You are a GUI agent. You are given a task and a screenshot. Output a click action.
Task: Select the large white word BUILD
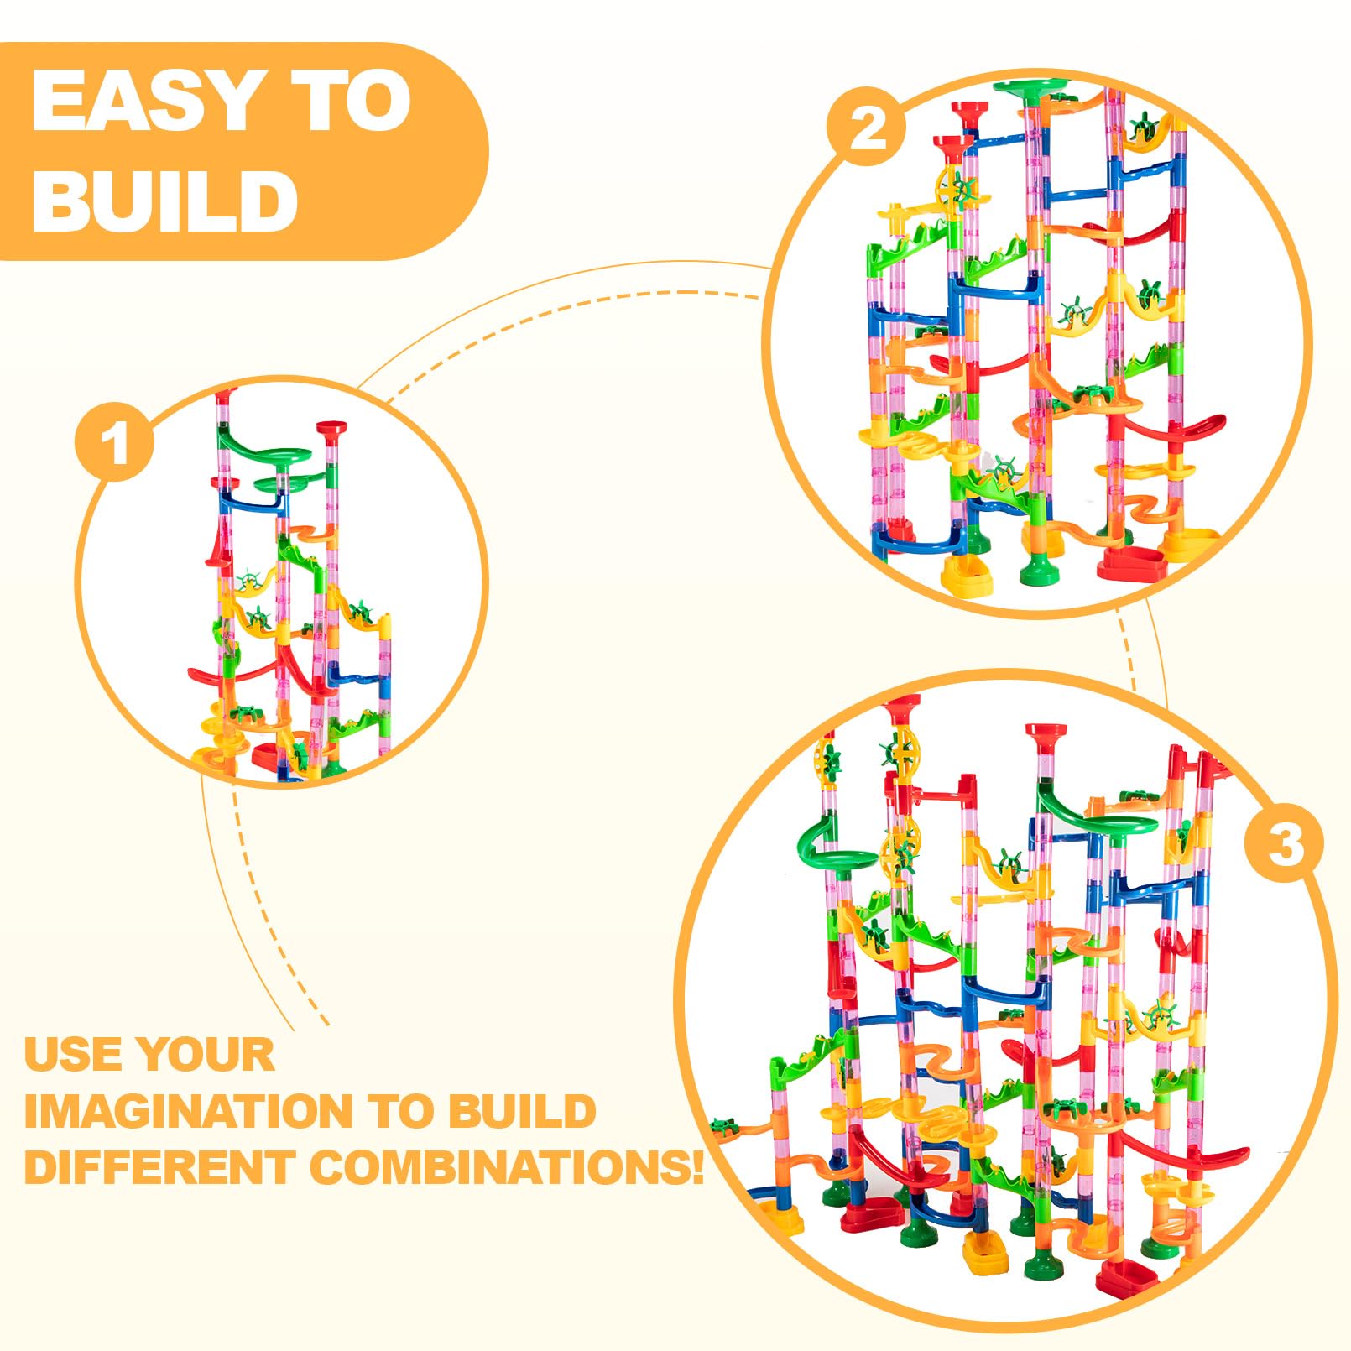[x=164, y=201]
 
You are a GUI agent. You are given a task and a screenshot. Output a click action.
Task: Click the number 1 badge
[x=115, y=442]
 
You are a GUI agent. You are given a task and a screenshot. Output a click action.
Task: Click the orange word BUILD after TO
[x=520, y=1111]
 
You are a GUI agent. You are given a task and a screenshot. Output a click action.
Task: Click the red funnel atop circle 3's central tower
[x=1046, y=733]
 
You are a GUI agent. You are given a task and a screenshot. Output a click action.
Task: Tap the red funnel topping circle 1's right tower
[x=332, y=430]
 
